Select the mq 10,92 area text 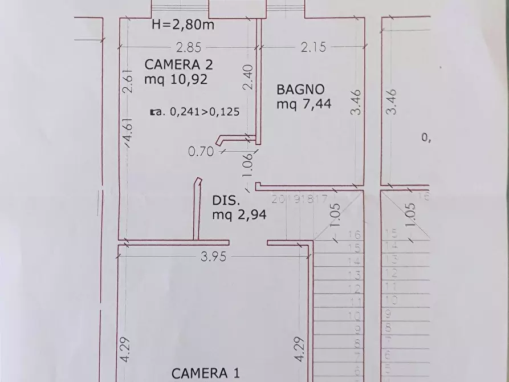[x=176, y=79]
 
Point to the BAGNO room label [x=300, y=89]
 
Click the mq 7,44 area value [x=304, y=104]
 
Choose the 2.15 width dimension [x=313, y=48]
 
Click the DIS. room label [x=224, y=200]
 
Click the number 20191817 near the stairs [x=299, y=199]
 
